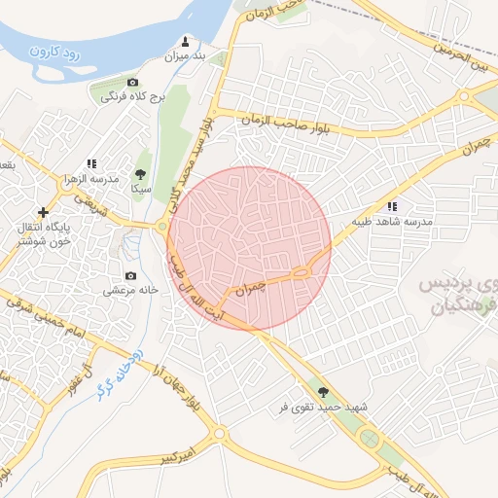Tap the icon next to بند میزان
(x=186, y=41)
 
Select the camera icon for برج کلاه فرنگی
(x=133, y=83)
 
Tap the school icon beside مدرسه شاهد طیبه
(x=392, y=206)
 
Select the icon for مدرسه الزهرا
(x=91, y=164)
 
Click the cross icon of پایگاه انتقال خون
(x=43, y=211)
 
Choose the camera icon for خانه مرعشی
(x=131, y=275)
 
